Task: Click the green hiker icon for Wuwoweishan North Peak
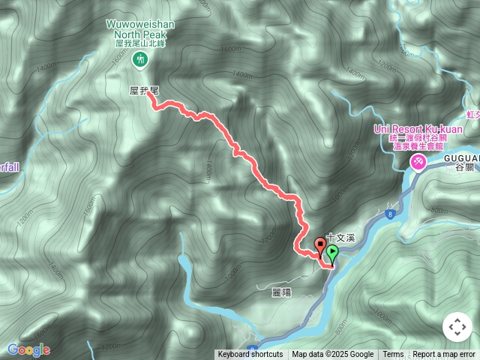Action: [x=139, y=59]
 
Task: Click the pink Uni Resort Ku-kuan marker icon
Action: [x=418, y=160]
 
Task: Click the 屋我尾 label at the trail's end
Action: [x=143, y=90]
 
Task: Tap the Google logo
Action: [x=28, y=349]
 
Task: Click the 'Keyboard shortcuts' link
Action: [x=250, y=355]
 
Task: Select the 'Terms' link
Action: [x=393, y=355]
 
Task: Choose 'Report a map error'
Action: [x=444, y=355]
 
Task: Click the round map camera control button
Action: [x=457, y=327]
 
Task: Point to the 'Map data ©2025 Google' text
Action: [x=333, y=355]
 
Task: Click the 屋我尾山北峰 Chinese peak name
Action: [x=139, y=43]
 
